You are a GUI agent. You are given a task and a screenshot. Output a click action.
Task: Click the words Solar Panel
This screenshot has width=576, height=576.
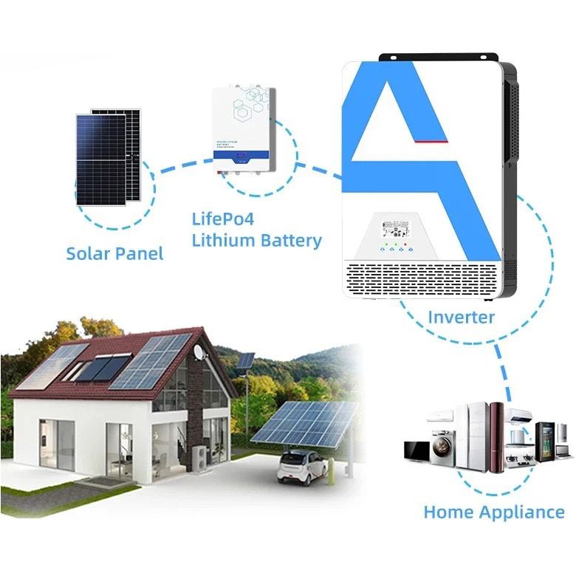pyautogui.click(x=114, y=253)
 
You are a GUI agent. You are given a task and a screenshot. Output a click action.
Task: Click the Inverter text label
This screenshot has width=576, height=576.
pyautogui.click(x=461, y=318)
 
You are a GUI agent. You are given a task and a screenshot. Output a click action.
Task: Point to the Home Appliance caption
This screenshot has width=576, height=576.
pyautogui.click(x=493, y=512)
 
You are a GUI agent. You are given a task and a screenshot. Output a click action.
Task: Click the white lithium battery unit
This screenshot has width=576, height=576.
pyautogui.click(x=244, y=131)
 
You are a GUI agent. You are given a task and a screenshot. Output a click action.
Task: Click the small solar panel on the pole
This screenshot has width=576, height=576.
pyautogui.click(x=246, y=360)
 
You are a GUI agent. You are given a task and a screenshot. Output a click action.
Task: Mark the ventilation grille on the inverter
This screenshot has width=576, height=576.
pyautogui.click(x=422, y=280)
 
